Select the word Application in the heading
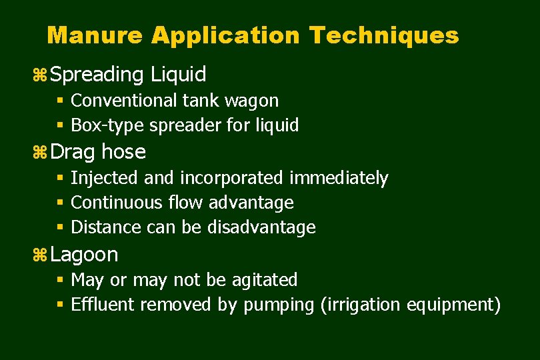point(227,35)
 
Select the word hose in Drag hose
point(124,152)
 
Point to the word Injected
point(102,178)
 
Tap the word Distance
point(101,227)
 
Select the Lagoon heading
point(84,255)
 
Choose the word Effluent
point(101,305)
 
